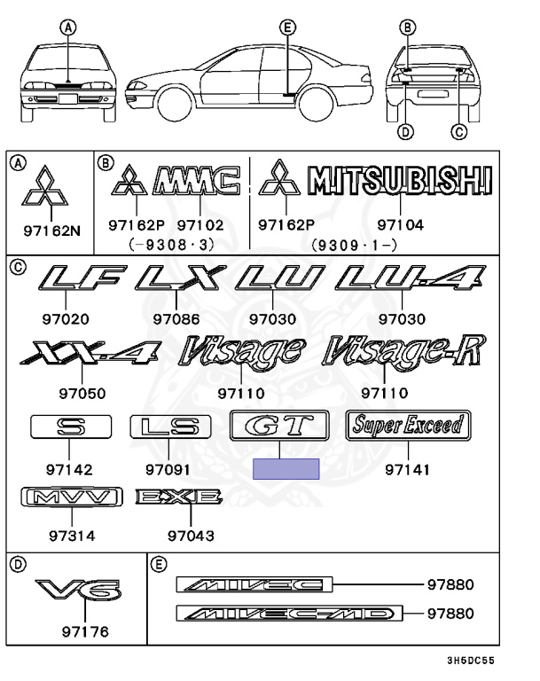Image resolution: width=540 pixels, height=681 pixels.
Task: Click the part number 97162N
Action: pyautogui.click(x=51, y=231)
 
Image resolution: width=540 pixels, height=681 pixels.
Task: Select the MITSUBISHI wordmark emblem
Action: pyautogui.click(x=398, y=181)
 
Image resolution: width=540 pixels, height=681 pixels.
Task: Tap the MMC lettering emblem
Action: pyautogui.click(x=196, y=181)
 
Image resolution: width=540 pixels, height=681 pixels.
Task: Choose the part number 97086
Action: pyautogui.click(x=176, y=318)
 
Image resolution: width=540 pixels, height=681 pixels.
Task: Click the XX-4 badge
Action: pyautogui.click(x=88, y=353)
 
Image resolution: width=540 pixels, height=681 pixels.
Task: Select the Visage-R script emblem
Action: pyautogui.click(x=404, y=352)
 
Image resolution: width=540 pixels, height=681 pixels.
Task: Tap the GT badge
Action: pyautogui.click(x=278, y=426)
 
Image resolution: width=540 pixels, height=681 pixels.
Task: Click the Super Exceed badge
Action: pyautogui.click(x=406, y=425)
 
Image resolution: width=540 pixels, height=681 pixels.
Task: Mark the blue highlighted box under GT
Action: pyautogui.click(x=286, y=469)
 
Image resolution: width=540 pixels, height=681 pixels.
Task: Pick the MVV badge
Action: pyautogui.click(x=71, y=497)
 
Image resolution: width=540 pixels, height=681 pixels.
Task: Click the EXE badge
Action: pyautogui.click(x=177, y=497)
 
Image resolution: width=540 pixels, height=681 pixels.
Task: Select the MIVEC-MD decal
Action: pyautogui.click(x=289, y=614)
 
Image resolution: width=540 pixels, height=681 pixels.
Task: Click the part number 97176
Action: pyautogui.click(x=85, y=631)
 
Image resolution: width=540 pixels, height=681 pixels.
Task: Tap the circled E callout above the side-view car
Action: pyautogui.click(x=286, y=28)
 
